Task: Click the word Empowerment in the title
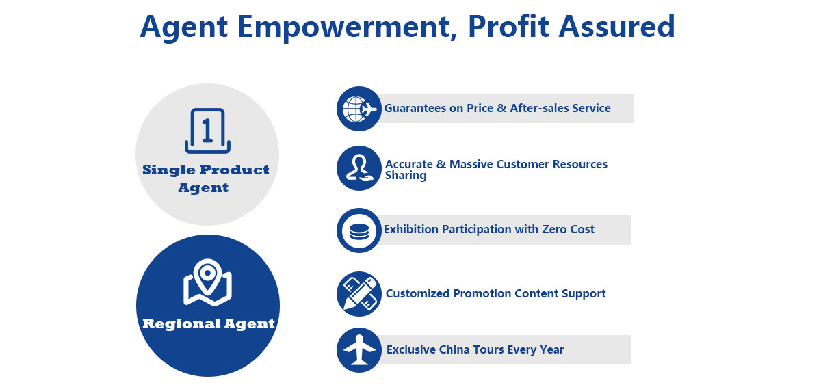(x=343, y=27)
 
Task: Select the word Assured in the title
(x=616, y=27)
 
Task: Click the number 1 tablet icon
(x=207, y=131)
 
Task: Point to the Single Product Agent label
(x=206, y=178)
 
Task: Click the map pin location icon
(x=207, y=282)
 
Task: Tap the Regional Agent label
(x=208, y=324)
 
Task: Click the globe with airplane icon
(x=359, y=109)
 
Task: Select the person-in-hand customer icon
(x=359, y=168)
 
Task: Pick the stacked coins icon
(x=359, y=230)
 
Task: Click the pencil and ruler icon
(x=359, y=294)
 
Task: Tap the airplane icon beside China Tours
(x=359, y=350)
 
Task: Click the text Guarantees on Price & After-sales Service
(x=497, y=109)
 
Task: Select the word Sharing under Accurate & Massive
(x=406, y=176)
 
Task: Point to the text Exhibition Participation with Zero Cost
(x=489, y=229)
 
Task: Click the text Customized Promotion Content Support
(x=495, y=294)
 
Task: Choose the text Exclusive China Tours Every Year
(x=475, y=350)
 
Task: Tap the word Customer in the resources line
(x=522, y=164)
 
